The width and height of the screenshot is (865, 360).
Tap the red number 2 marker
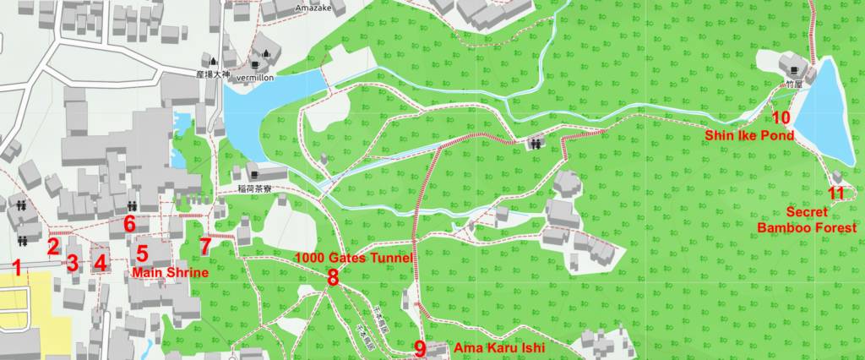point(52,247)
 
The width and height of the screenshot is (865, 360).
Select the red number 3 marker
point(73,263)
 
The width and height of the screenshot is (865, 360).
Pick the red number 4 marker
point(101,263)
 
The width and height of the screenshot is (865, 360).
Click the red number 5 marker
point(142,253)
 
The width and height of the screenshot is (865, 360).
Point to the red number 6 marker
point(129,225)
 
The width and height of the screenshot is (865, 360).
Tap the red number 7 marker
point(205,247)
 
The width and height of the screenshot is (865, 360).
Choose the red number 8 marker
point(333,276)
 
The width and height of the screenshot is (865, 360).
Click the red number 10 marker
point(781,118)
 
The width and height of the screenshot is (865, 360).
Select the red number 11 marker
point(836,194)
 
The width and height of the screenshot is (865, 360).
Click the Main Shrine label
point(169,272)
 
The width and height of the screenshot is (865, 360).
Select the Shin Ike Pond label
point(749,135)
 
